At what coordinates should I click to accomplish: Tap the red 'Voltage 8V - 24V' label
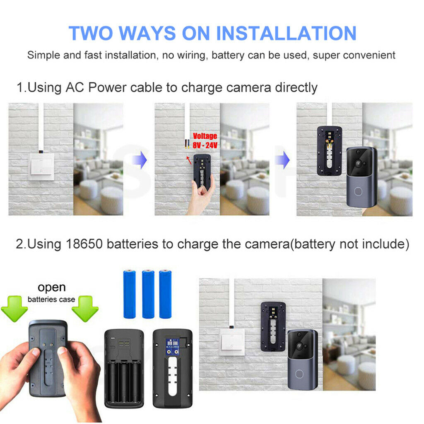click(204, 141)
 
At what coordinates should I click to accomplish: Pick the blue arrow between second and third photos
click(283, 160)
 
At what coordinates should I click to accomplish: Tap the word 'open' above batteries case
click(52, 287)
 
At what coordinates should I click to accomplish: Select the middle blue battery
click(148, 294)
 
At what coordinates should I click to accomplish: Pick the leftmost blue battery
click(130, 294)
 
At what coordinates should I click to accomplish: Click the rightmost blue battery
click(165, 294)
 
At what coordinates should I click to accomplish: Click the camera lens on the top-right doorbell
click(358, 164)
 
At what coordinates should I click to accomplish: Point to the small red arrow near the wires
click(188, 159)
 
